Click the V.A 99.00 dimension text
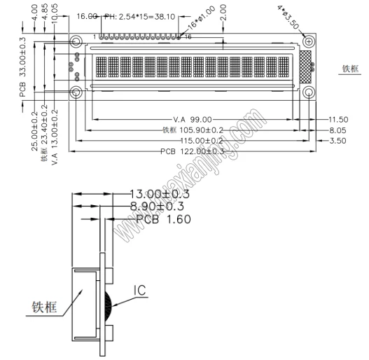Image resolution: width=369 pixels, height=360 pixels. (x=191, y=120)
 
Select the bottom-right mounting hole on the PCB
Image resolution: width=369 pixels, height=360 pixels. (x=308, y=93)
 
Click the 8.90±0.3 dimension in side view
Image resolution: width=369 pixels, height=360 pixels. (x=159, y=206)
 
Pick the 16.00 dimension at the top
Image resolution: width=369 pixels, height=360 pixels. (x=87, y=15)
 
